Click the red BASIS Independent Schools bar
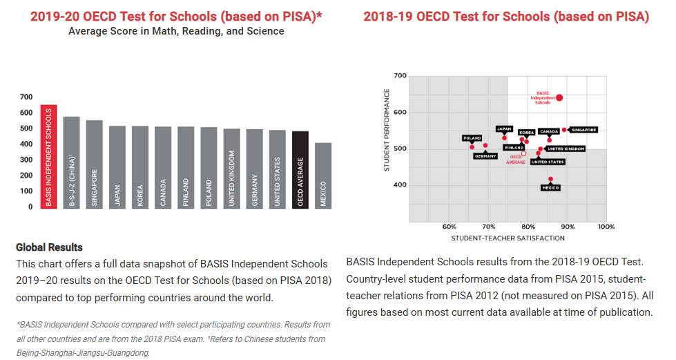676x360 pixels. [49, 157]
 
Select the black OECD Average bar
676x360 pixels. [300, 170]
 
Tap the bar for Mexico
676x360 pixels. [323, 176]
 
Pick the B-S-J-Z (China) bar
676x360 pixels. [72, 163]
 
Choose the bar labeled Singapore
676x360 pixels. [95, 164]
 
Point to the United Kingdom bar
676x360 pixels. [231, 169]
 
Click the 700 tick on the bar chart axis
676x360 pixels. [26, 97]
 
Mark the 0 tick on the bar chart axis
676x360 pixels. [30, 207]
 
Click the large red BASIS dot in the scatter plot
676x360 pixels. [559, 98]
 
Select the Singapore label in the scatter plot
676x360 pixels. [583, 130]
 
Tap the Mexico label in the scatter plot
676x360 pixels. [550, 188]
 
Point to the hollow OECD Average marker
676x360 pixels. [523, 153]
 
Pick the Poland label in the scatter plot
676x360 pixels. [472, 138]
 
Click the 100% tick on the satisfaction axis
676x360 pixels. [606, 227]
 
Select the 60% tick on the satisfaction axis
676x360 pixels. [450, 227]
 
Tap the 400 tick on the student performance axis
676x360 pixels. [400, 184]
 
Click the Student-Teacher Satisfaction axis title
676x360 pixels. [508, 238]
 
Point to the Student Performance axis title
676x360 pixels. [387, 130]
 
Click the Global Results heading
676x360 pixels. [49, 247]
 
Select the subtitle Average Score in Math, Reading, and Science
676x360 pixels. [176, 31]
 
